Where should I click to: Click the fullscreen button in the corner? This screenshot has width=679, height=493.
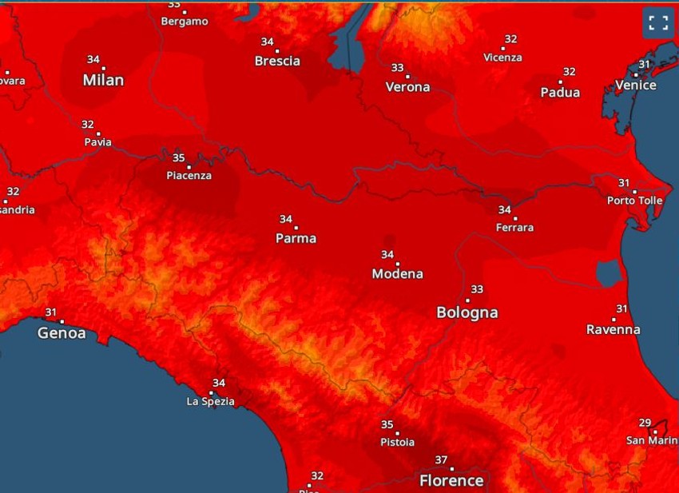point(658,22)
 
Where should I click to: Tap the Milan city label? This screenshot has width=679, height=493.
point(104,80)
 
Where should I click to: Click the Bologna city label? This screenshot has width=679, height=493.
point(467,312)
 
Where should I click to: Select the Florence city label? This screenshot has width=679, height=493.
point(451,480)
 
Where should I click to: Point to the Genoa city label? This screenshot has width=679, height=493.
point(62,333)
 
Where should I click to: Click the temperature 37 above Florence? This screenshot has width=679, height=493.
point(441,459)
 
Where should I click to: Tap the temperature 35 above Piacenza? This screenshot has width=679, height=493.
point(178,157)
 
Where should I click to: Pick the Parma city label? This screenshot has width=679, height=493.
point(296,238)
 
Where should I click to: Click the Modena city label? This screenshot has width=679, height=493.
point(398,274)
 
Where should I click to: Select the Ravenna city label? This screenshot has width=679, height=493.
point(613,329)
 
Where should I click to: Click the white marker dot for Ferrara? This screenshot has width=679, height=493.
point(515,218)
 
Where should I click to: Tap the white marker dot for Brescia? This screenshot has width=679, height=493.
point(277,50)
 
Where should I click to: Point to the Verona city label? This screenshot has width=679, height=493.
point(407,87)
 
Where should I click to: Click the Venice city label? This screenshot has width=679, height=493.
point(636,85)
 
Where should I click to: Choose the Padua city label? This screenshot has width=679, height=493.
point(560,93)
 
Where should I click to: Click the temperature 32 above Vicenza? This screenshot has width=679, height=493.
point(510,39)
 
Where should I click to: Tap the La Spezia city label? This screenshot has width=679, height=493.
point(211,401)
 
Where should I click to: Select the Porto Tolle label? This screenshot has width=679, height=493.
point(634,201)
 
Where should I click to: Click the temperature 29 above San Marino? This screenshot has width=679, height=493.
point(645,423)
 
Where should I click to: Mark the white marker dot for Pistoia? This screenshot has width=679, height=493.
point(397,433)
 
